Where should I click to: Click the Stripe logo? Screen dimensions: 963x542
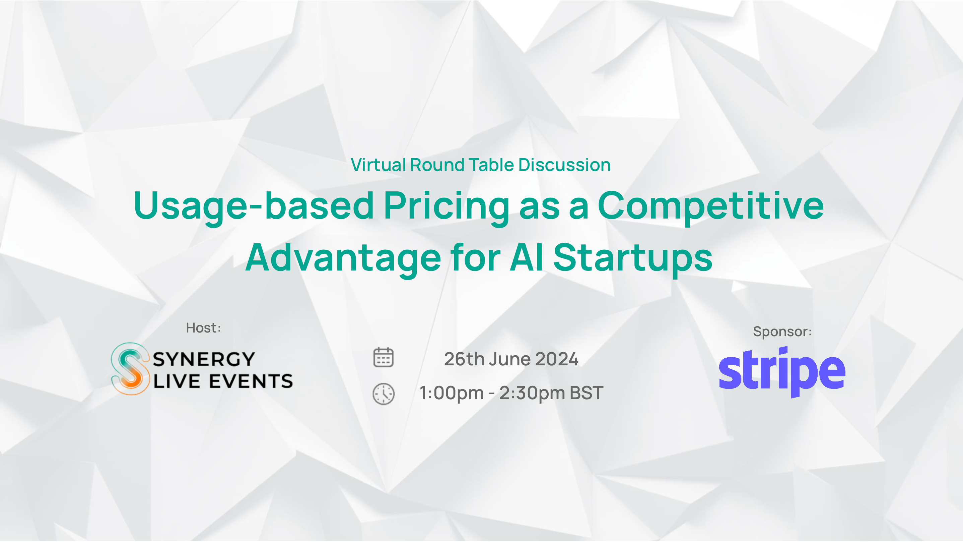[782, 372]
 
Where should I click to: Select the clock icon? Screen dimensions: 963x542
[384, 394]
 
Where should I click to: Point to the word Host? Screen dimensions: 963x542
[201, 328]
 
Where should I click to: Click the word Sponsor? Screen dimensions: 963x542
[780, 332]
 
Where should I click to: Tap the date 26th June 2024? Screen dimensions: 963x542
[511, 359]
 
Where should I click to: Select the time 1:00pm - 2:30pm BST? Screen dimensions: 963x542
[511, 393]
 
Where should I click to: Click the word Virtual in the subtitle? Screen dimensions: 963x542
[378, 165]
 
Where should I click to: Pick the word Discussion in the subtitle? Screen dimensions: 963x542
[564, 165]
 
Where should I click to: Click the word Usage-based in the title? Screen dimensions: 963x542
[254, 206]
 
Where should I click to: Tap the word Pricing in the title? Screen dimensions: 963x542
[446, 206]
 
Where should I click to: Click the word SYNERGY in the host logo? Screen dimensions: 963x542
[204, 359]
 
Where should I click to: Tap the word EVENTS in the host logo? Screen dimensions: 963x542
[251, 381]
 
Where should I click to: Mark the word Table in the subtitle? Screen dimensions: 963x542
[492, 165]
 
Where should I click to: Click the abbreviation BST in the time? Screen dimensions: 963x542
[586, 393]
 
